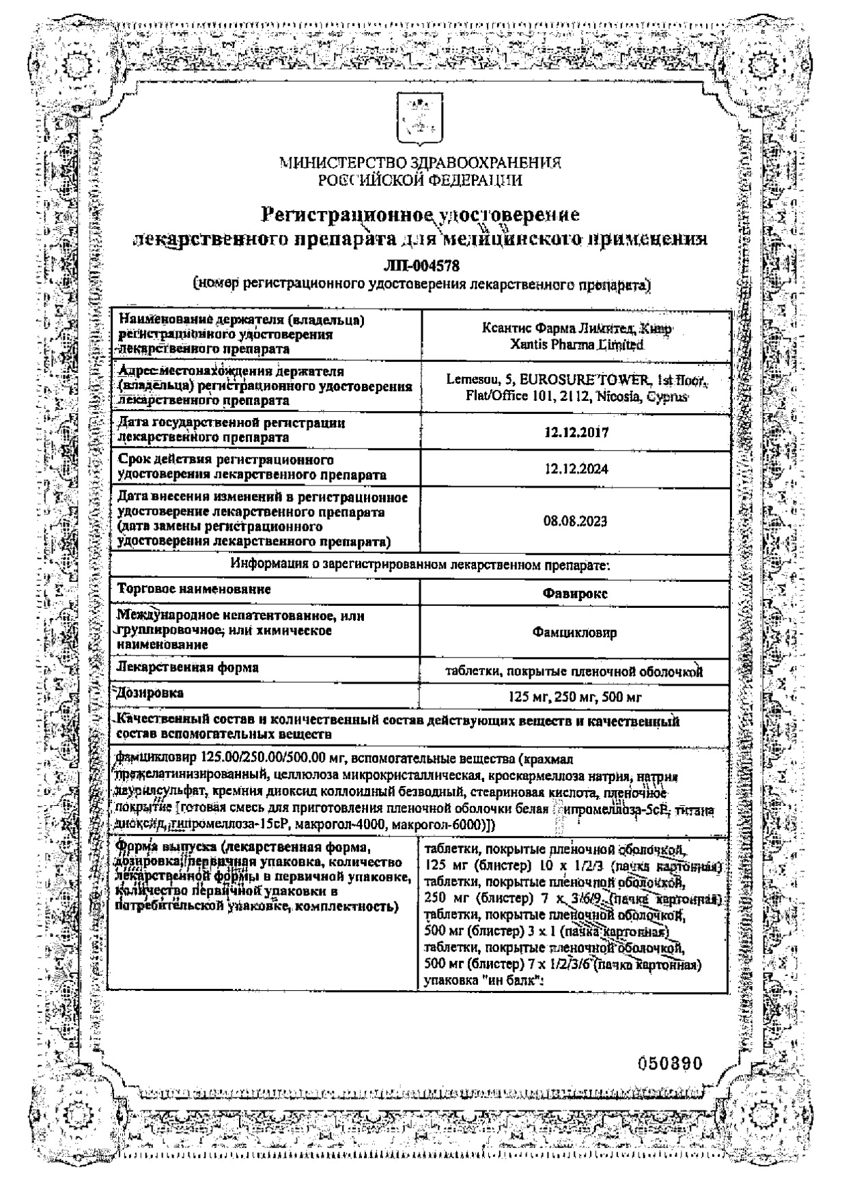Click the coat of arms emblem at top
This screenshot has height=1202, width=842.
pyautogui.click(x=420, y=117)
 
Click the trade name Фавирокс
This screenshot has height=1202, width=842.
pyautogui.click(x=575, y=593)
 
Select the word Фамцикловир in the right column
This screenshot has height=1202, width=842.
pyautogui.click(x=575, y=632)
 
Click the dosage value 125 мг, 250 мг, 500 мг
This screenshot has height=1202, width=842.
pyautogui.click(x=575, y=697)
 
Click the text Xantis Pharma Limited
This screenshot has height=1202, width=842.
pyautogui.click(x=576, y=346)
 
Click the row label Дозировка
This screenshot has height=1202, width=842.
pyautogui.click(x=151, y=693)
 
